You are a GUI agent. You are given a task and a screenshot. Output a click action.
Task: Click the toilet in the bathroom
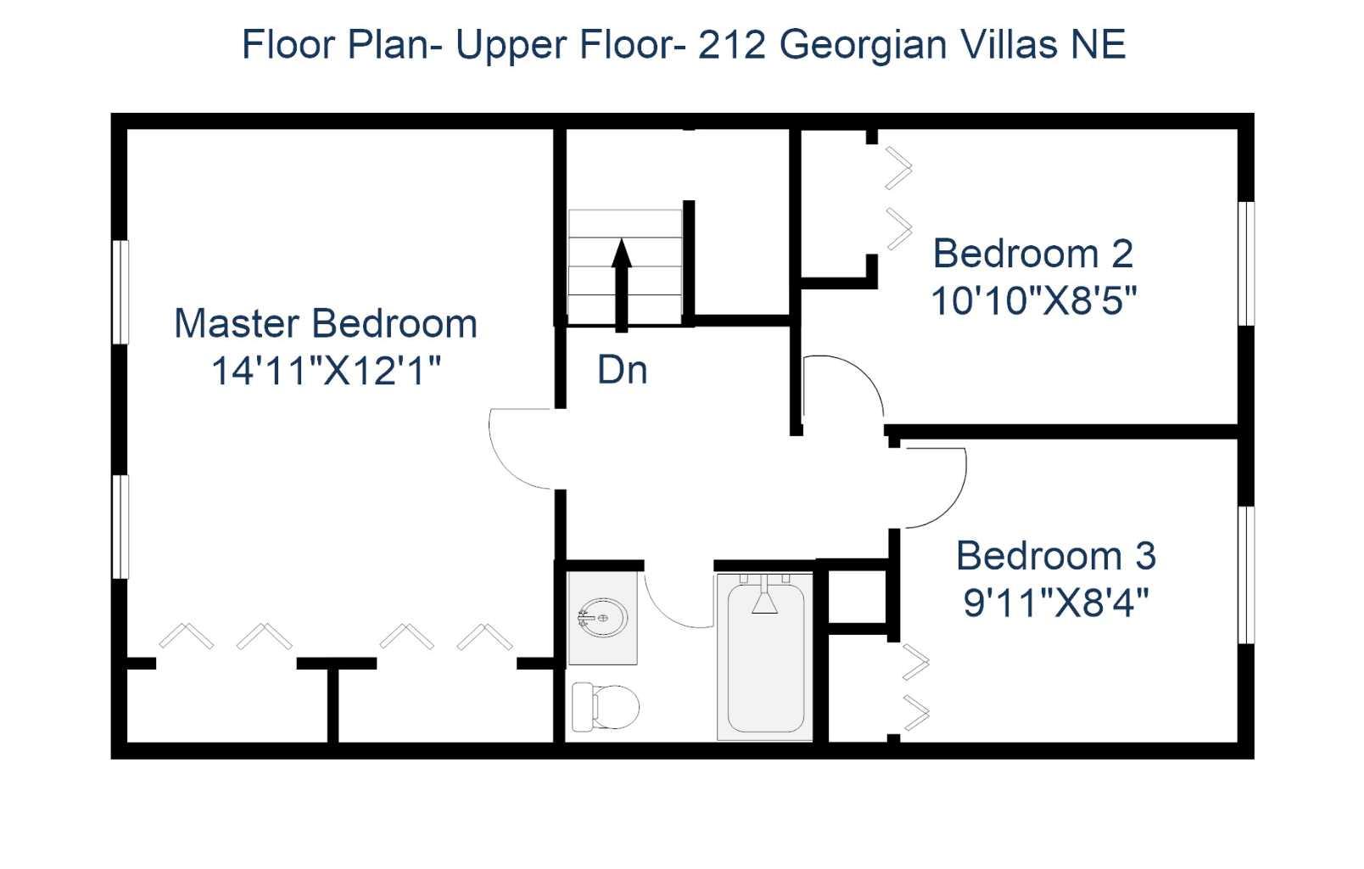coord(605,706)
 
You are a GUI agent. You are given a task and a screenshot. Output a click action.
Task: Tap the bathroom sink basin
coord(602,615)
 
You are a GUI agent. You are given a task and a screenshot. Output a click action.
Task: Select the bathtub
coord(764,658)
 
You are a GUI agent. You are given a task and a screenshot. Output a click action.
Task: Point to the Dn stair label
coord(622,370)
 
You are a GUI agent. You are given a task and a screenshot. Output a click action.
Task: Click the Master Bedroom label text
coord(326,323)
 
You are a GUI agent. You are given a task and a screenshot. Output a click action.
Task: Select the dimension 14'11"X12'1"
coord(326,371)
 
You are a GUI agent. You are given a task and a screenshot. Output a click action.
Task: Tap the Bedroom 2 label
coord(1032,253)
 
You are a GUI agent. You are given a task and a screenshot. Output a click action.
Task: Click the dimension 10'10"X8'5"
coord(1032,300)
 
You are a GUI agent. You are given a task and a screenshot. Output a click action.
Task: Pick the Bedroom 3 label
coord(1055,556)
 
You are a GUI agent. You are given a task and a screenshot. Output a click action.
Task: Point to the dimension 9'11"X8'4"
coord(1055,603)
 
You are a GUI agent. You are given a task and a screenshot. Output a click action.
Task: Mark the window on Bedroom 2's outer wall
coord(1245,263)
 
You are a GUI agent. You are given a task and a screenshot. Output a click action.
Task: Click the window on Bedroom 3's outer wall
coord(1245,575)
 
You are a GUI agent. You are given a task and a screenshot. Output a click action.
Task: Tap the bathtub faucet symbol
coord(764,599)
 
